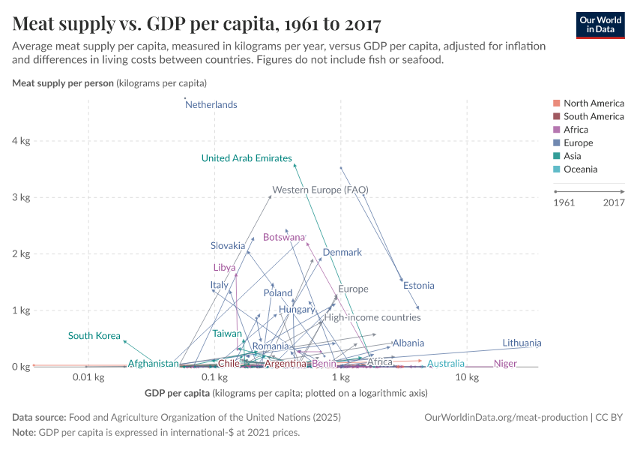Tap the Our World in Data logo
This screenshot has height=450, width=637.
[x=600, y=24]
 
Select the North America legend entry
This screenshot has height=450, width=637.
[x=593, y=103]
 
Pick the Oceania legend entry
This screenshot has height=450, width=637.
[x=580, y=169]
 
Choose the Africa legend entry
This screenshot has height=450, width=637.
[x=575, y=130]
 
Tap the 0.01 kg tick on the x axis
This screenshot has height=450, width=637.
[x=88, y=377]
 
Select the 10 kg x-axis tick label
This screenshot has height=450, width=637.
[x=467, y=377]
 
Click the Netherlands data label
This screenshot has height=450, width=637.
[x=211, y=105]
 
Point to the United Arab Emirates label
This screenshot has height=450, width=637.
[x=247, y=158]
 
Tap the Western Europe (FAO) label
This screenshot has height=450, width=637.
[x=320, y=190]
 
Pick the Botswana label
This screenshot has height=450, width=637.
[x=284, y=237]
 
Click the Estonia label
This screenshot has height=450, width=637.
[x=418, y=286]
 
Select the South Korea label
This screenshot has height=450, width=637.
[x=94, y=336]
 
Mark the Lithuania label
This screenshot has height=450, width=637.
[x=522, y=343]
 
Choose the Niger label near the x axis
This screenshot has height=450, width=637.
[x=505, y=364]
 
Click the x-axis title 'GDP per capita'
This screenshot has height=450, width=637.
[x=176, y=392]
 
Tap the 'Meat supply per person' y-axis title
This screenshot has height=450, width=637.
[x=62, y=82]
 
